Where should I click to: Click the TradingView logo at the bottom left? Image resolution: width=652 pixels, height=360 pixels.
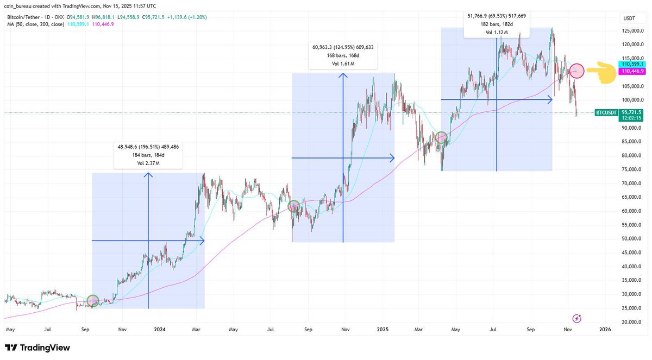coord(37,348)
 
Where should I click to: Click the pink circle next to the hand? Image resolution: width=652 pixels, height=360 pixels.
coord(577,71)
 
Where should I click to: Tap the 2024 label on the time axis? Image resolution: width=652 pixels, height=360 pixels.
coord(159,330)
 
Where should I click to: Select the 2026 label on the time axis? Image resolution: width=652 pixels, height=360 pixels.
coord(605,330)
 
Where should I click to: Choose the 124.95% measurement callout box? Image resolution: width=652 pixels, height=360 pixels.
coord(343,55)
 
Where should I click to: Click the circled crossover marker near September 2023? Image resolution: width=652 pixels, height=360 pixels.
coord(92,300)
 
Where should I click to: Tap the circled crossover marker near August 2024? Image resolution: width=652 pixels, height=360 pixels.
coord(293,206)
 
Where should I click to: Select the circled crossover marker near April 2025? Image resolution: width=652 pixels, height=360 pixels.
coord(441,137)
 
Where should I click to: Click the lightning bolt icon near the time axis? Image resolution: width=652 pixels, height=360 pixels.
coord(577,318)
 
